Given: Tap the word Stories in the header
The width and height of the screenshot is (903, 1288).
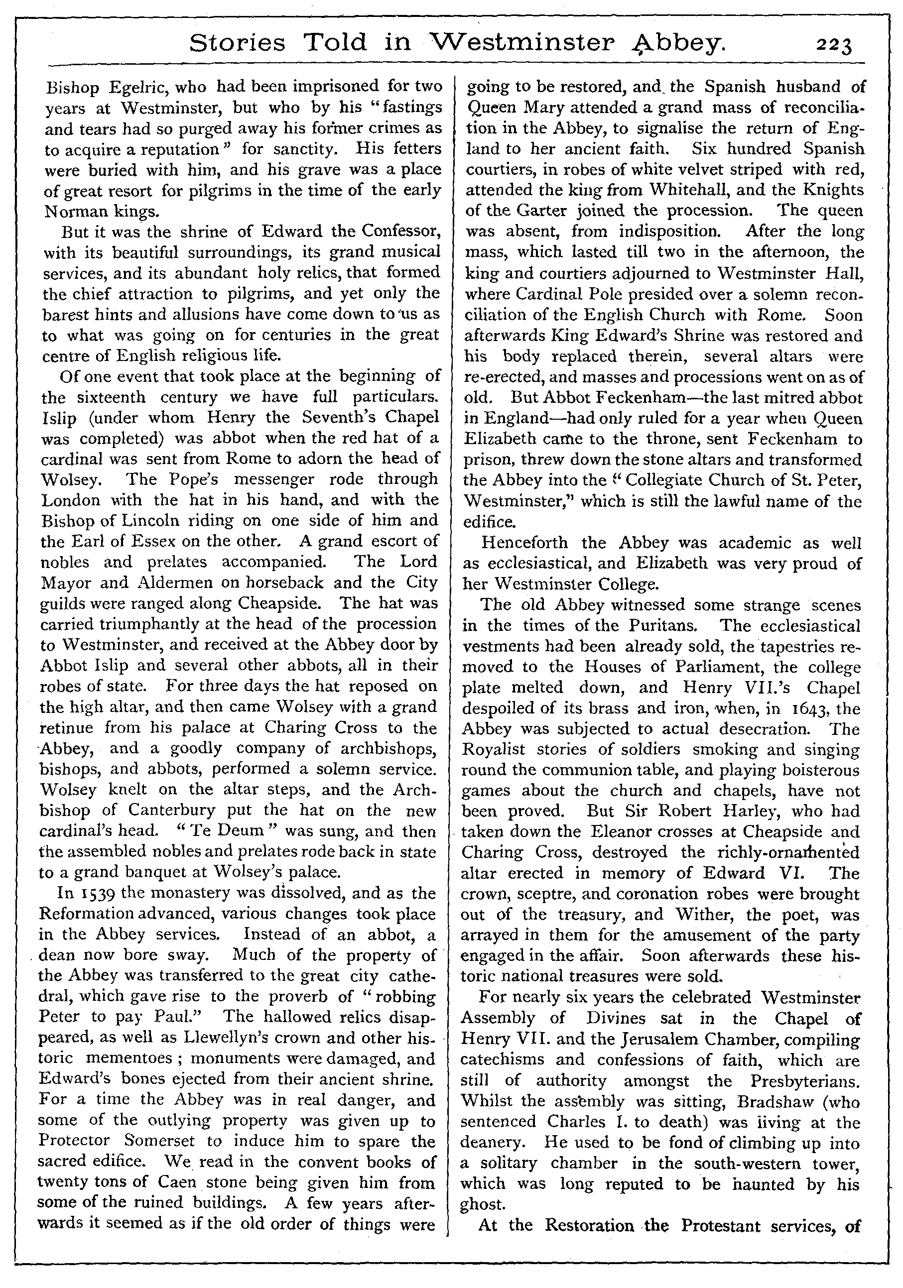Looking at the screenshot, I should click(238, 43).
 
